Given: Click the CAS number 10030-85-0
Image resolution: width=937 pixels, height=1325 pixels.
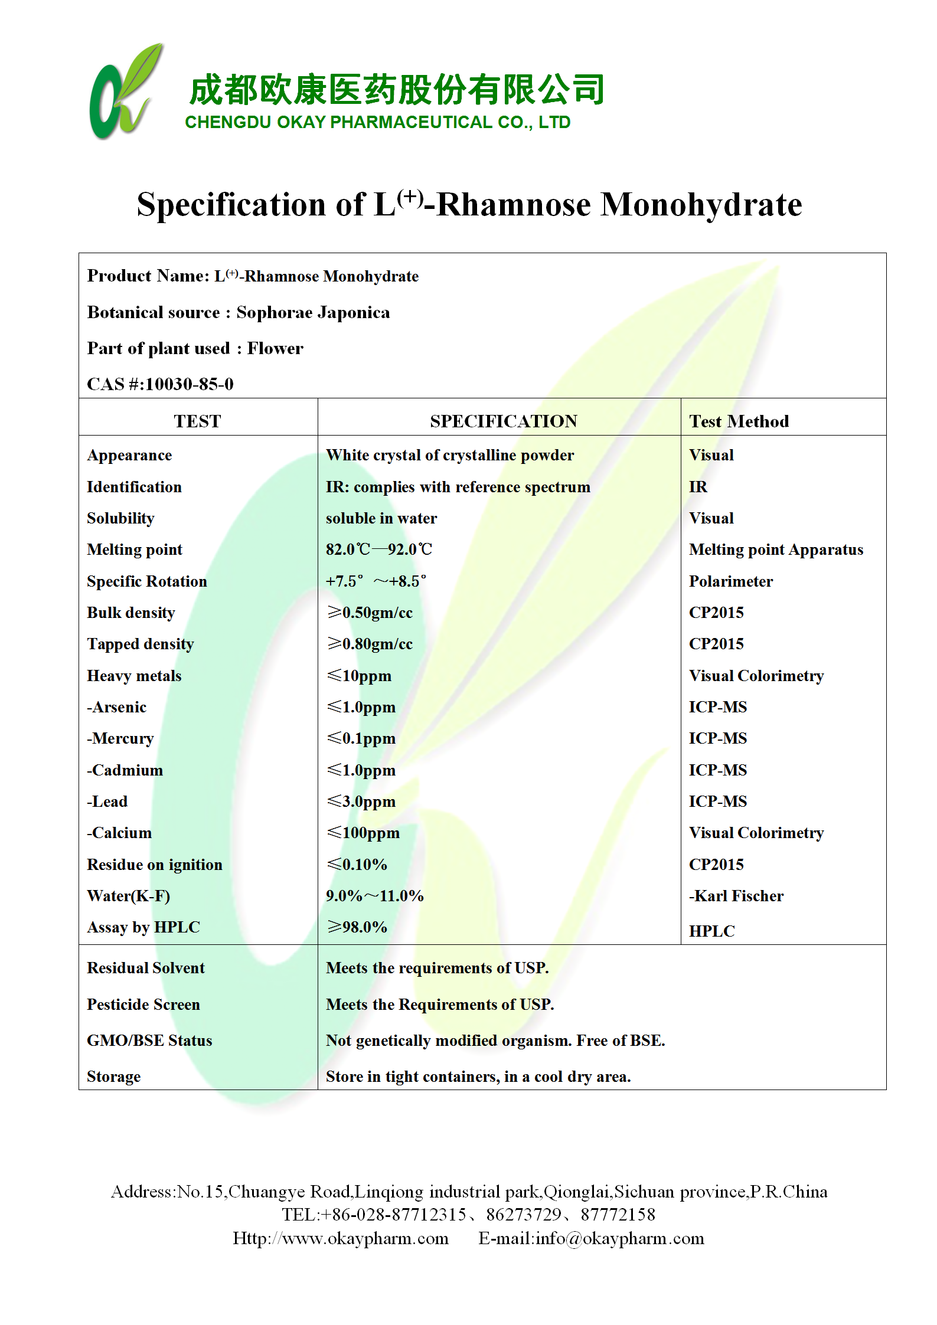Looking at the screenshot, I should (189, 384).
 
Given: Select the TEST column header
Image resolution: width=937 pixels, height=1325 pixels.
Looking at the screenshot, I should (197, 421).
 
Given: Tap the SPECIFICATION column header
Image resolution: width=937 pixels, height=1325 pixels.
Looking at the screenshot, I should (503, 421).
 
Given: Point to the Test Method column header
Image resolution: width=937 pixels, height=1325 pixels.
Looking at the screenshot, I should (739, 421).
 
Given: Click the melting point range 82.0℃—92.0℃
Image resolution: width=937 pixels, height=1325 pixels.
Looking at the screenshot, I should (378, 549).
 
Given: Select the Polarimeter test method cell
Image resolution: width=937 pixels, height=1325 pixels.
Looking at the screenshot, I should (730, 581).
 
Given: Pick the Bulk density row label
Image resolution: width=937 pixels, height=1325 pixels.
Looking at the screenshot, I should (130, 613).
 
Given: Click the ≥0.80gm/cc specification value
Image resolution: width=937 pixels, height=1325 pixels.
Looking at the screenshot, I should (370, 644).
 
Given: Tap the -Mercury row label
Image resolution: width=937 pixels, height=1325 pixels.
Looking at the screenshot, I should (120, 738).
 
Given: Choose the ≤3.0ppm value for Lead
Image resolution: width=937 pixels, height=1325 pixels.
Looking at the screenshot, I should (361, 801).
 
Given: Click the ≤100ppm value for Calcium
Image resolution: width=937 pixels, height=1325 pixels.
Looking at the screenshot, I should (363, 833).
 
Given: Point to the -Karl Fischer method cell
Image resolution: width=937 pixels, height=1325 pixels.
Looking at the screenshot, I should (736, 896).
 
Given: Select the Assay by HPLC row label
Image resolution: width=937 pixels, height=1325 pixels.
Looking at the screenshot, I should (143, 927).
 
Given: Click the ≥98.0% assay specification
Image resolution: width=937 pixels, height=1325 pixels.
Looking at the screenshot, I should (357, 927).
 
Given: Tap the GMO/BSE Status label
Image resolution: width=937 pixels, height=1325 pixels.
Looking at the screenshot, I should (149, 1041).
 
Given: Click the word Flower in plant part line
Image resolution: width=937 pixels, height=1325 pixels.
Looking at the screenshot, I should (275, 348).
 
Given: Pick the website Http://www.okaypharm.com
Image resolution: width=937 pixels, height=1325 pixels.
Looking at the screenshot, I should (341, 1238).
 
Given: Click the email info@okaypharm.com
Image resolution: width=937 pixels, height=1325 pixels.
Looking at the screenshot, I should (619, 1238).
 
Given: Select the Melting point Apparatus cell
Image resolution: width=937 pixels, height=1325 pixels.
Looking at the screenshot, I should (776, 549).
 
